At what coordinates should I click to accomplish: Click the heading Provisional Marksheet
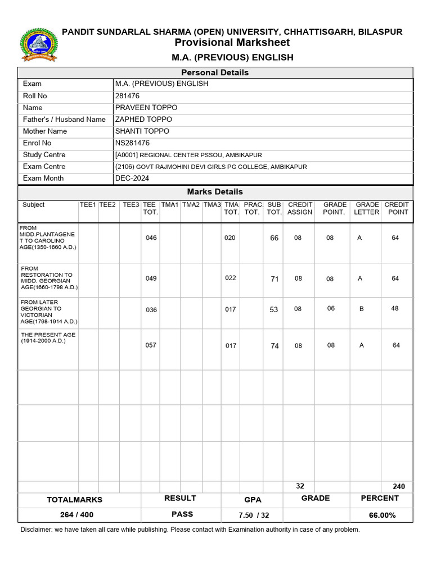click(x=232, y=43)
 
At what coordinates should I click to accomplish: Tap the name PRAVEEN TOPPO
click(x=146, y=107)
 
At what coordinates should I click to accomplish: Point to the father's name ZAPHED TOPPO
click(x=143, y=119)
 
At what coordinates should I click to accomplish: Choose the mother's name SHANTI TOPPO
click(x=142, y=131)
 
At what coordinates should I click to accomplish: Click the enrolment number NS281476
click(x=132, y=143)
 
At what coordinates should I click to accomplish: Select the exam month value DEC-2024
click(x=132, y=178)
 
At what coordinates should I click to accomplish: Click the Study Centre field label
click(x=44, y=154)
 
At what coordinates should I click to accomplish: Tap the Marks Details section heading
click(x=215, y=191)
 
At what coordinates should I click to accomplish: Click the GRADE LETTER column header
click(x=367, y=208)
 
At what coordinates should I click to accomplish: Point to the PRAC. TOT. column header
click(x=253, y=208)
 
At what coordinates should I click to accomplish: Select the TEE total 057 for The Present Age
click(x=151, y=345)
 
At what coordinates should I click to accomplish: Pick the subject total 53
click(x=274, y=309)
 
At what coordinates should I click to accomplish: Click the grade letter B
click(x=360, y=309)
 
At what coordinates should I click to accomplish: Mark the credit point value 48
click(x=395, y=308)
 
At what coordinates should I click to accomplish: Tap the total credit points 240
click(x=398, y=486)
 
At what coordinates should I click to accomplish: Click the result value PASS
click(x=182, y=514)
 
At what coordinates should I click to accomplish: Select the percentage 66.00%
click(x=382, y=515)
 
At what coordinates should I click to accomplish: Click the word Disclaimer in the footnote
click(x=38, y=530)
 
